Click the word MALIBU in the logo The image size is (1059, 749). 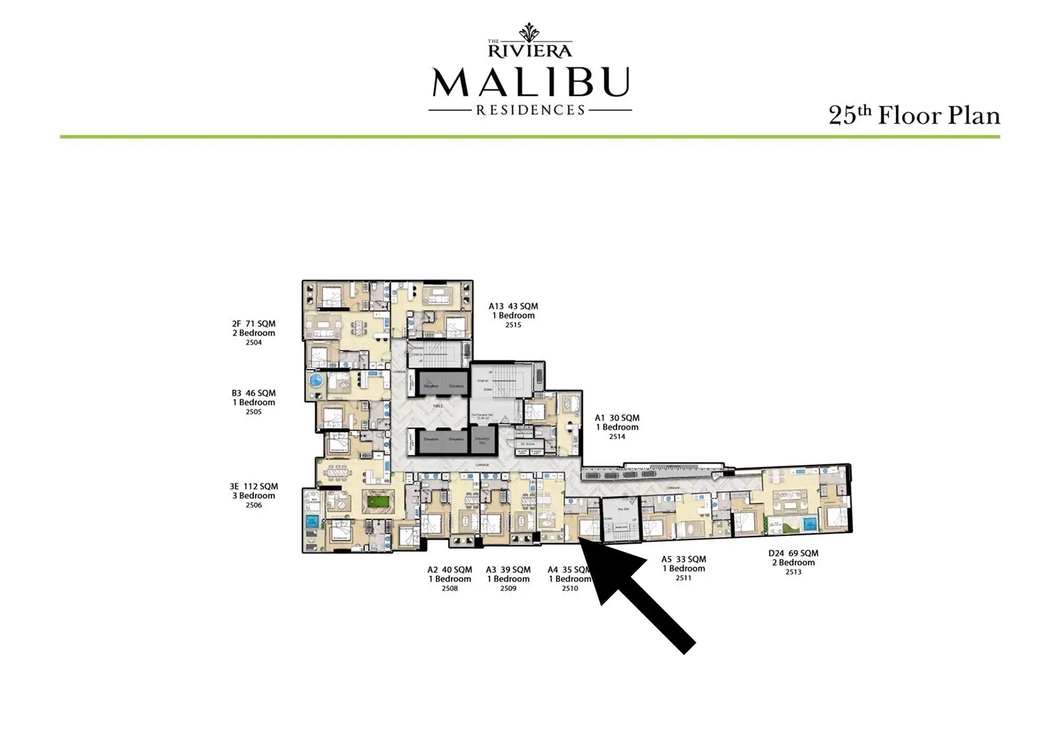(530, 82)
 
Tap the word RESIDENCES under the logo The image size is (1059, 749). (529, 110)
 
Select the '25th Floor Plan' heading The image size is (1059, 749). (914, 115)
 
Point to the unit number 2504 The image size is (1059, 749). (253, 342)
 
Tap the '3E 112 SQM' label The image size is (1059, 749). (253, 487)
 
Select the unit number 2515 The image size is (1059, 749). (513, 325)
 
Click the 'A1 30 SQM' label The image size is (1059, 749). (616, 418)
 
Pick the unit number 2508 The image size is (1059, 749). (449, 588)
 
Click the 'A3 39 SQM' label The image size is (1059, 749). (508, 569)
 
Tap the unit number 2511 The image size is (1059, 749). (683, 578)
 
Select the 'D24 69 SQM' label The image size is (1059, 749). (792, 553)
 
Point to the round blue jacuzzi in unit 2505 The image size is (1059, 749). (317, 381)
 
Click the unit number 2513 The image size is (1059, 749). (793, 572)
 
